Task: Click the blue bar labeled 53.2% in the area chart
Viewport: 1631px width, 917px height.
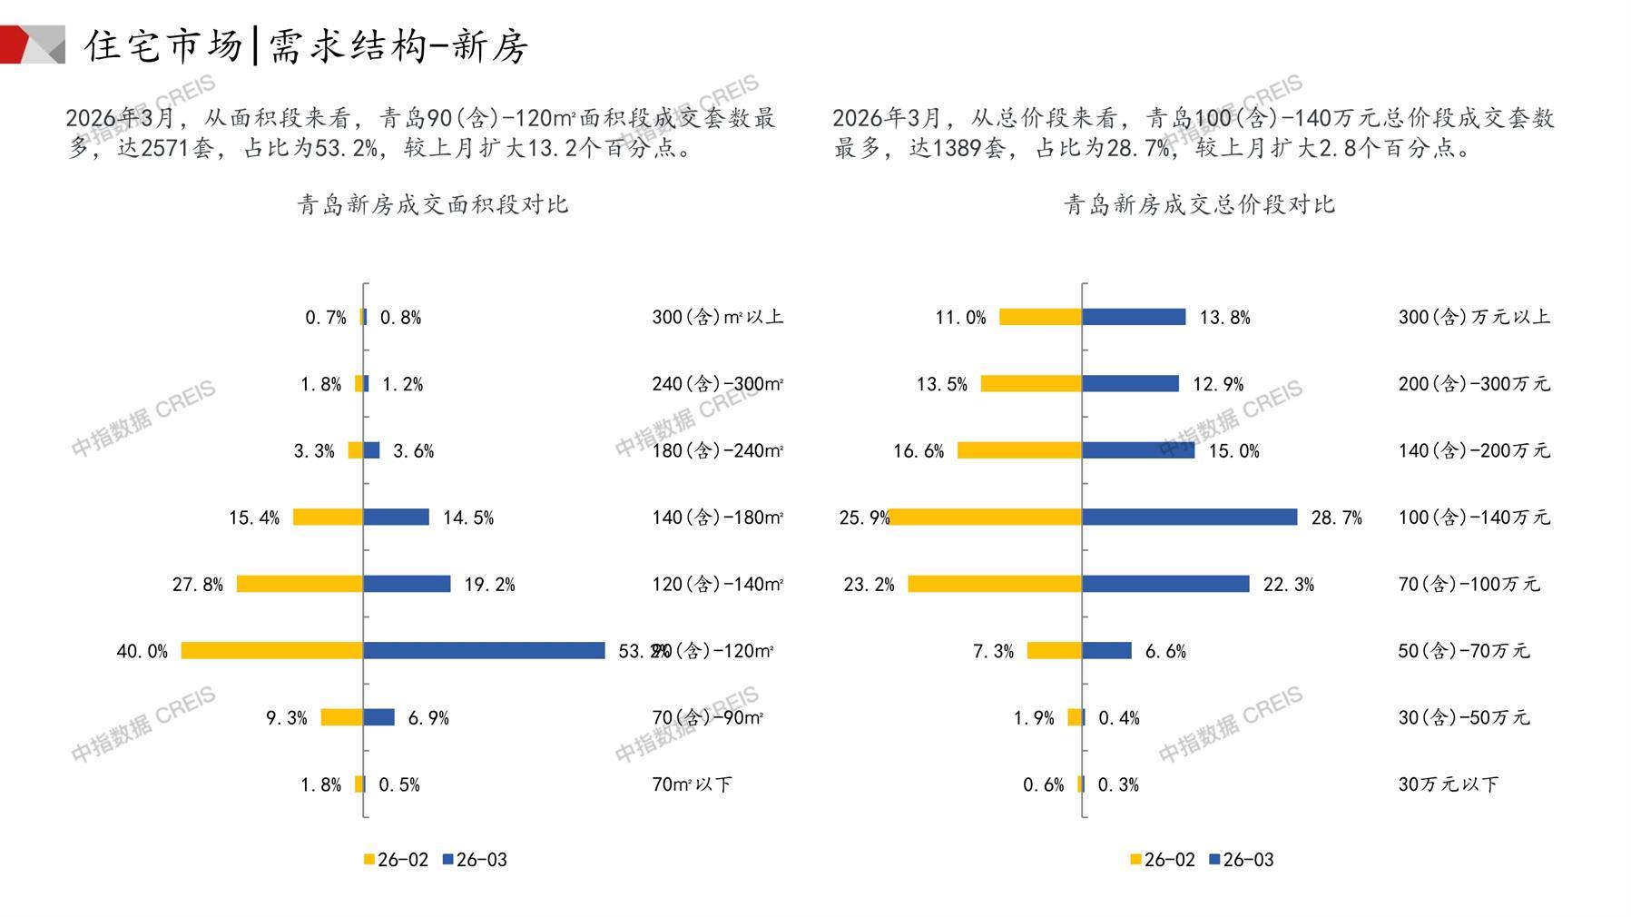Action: tap(484, 650)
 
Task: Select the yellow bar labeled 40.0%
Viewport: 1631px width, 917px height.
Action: tap(272, 650)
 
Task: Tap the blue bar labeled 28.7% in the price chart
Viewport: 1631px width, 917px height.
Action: tap(1190, 517)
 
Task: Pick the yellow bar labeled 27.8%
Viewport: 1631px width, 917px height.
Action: tap(300, 584)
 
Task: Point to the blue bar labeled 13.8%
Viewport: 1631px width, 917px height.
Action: tap(1134, 317)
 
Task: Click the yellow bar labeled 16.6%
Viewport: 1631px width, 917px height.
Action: tap(1019, 450)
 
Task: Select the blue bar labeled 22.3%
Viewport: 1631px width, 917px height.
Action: tap(1165, 584)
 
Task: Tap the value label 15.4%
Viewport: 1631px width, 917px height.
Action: tap(254, 518)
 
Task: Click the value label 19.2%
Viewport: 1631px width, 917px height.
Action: tap(489, 585)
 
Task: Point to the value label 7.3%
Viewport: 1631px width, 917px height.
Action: tap(993, 651)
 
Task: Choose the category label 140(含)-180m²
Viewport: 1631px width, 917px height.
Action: tap(717, 518)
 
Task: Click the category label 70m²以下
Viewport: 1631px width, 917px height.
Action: tap(692, 784)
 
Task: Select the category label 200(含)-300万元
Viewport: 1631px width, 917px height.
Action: tap(1474, 384)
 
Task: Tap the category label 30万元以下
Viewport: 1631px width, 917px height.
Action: tap(1448, 784)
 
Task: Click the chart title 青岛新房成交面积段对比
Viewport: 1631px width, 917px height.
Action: tap(433, 204)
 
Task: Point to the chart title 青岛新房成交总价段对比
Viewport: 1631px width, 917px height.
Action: tap(1199, 204)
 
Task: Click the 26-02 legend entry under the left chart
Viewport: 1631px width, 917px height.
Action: tap(396, 860)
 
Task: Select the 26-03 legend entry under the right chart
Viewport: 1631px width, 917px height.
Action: tap(1241, 860)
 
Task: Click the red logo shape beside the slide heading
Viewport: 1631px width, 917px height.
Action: tap(18, 44)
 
